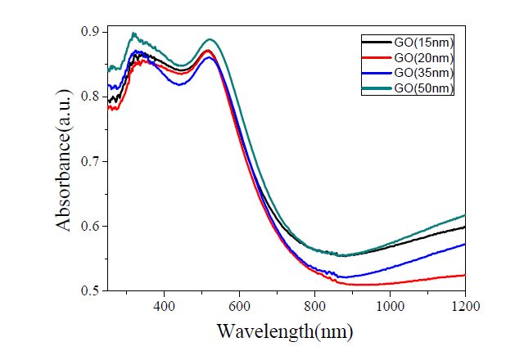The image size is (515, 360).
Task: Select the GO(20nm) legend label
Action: coord(424,57)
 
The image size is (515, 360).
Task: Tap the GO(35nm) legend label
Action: coord(424,72)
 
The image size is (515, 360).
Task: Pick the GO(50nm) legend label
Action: coord(424,88)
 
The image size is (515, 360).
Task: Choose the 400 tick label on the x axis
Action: coord(165,304)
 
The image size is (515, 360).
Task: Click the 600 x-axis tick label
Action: coord(240,304)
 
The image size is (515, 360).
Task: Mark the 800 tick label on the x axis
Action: coord(315,304)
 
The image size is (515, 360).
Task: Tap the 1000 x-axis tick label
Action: coord(391,304)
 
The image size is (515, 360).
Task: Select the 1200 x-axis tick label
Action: coord(464,304)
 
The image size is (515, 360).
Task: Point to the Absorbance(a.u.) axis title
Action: coord(65,161)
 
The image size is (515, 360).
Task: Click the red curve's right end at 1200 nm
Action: coord(465,275)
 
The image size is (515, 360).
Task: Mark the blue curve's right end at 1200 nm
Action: coord(465,244)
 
